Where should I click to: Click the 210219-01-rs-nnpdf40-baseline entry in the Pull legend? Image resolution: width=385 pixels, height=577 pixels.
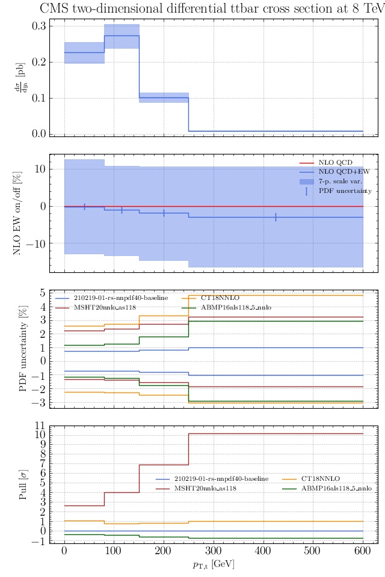pos(221,479)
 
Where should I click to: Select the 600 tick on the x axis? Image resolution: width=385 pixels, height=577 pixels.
pos(362,552)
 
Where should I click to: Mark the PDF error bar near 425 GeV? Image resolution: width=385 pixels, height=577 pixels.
pos(276,217)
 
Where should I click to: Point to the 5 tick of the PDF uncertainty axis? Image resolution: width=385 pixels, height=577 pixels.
pos(43,293)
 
